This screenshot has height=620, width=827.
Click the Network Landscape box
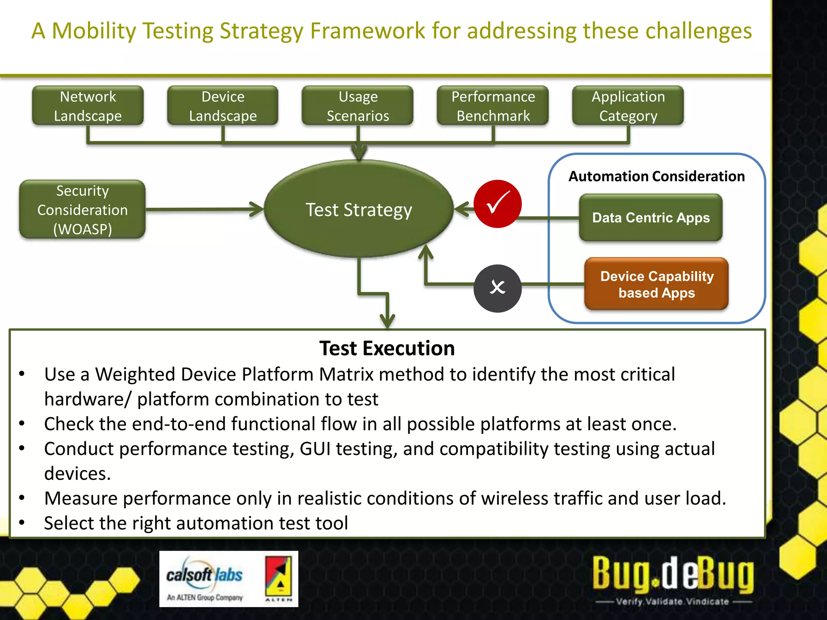[88, 106]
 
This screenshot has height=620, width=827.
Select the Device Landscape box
[222, 106]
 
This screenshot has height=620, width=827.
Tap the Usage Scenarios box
[358, 106]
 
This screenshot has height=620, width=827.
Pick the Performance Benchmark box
[493, 106]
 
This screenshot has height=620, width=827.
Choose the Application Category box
[628, 106]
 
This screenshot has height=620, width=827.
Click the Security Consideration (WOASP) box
[82, 209]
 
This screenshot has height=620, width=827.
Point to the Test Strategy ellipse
[359, 209]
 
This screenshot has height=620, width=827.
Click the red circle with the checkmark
[497, 204]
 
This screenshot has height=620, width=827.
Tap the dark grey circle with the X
[497, 288]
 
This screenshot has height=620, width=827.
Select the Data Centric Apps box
[651, 218]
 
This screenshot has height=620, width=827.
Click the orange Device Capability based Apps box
[657, 284]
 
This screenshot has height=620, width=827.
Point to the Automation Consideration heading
[657, 176]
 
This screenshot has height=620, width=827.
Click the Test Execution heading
[387, 348]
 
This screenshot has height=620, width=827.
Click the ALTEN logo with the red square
[279, 578]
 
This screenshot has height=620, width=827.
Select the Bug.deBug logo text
[673, 573]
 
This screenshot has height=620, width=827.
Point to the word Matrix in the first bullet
[346, 374]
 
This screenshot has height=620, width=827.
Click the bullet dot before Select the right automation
[22, 523]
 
